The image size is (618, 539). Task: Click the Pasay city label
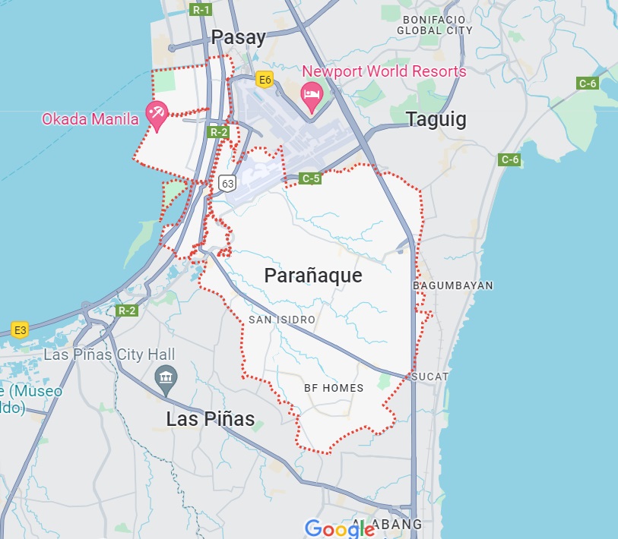click(x=239, y=37)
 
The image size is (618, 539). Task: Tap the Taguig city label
click(x=436, y=119)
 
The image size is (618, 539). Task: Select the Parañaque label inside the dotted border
click(x=313, y=276)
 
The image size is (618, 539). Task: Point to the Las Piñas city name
click(x=211, y=418)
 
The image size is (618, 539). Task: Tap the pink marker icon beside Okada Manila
click(x=157, y=115)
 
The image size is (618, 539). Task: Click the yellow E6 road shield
click(x=265, y=79)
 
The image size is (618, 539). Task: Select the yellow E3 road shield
click(x=20, y=329)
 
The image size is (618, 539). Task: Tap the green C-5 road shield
click(x=310, y=178)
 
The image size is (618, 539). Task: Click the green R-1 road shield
click(x=201, y=10)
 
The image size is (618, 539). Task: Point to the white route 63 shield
click(x=227, y=183)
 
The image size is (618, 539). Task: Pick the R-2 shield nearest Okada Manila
click(x=219, y=132)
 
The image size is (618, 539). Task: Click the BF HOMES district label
click(x=334, y=388)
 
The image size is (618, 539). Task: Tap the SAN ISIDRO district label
click(x=281, y=320)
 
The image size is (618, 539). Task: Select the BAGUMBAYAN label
click(x=452, y=285)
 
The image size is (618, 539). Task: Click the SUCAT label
click(x=430, y=377)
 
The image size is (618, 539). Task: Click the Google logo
click(x=340, y=528)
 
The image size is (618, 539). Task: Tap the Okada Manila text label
click(x=90, y=118)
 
